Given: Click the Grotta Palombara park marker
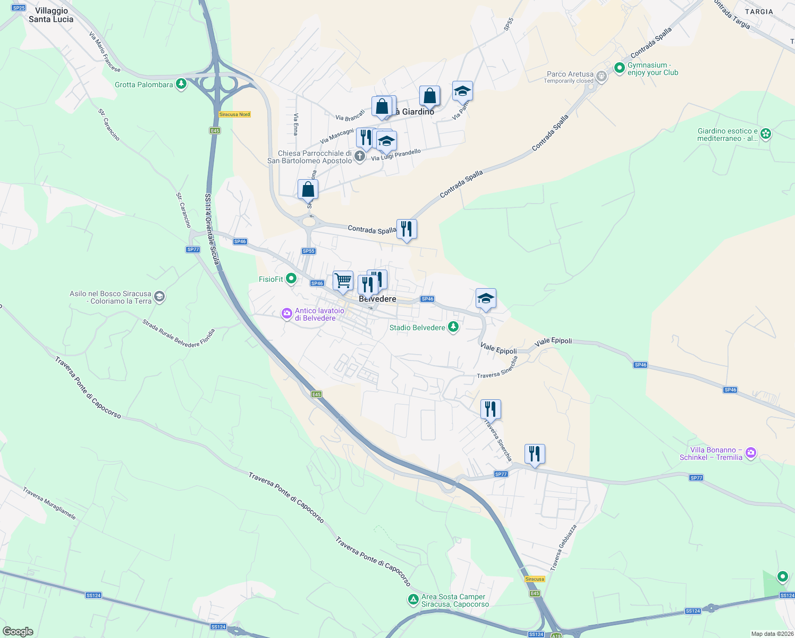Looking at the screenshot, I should (181, 84).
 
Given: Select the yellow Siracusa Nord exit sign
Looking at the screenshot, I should (234, 114).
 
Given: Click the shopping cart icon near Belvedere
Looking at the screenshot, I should (343, 280).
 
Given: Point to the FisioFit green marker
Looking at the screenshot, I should (291, 279).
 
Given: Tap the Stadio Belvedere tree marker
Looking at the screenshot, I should (453, 327).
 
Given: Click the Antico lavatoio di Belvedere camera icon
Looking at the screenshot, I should (287, 314).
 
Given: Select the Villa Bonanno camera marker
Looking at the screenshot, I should (750, 453).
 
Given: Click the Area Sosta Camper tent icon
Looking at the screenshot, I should (413, 600).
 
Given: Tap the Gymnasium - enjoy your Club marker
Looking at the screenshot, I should (619, 68).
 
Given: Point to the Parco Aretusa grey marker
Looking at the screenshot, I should (601, 77).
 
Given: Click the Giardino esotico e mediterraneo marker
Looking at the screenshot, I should (765, 133).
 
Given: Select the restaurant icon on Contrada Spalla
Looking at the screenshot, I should (407, 229).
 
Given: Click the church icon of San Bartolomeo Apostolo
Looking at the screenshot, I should (360, 156).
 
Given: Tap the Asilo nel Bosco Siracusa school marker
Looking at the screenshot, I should (159, 297).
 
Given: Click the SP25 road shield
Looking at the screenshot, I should (19, 8).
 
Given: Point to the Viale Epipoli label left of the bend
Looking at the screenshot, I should (498, 348).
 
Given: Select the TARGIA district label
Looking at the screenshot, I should (759, 12).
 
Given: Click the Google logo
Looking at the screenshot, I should (18, 632).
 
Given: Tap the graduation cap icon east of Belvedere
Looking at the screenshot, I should (486, 299).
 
